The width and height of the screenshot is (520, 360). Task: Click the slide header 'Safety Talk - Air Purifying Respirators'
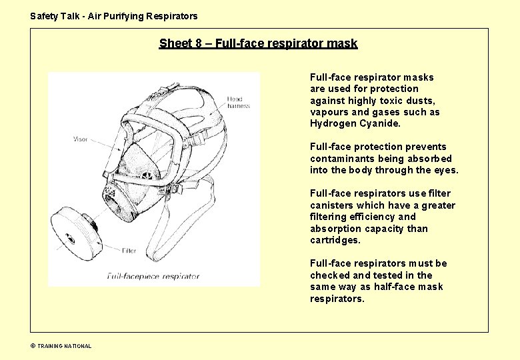point(114,16)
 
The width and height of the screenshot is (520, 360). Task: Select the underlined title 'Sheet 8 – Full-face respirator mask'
point(258,44)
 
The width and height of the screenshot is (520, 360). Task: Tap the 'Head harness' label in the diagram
point(238,102)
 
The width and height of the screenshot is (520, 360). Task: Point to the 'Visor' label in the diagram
point(80,139)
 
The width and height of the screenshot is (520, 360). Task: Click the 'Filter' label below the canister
point(130,251)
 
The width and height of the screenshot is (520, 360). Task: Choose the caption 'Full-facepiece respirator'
point(152,275)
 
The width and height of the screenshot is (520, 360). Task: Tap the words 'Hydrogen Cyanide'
point(355,123)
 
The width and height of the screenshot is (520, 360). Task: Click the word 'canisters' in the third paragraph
point(331,205)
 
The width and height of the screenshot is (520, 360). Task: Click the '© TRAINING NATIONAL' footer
point(61,346)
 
